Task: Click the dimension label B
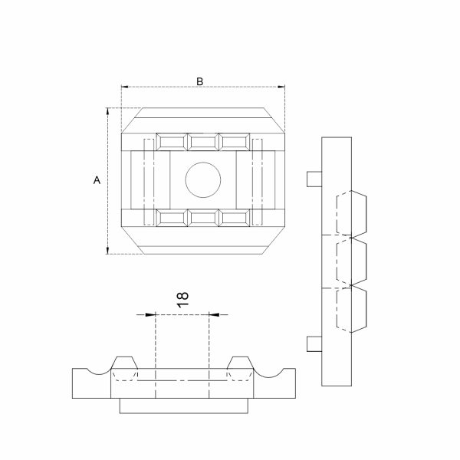tap(199, 81)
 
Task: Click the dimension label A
tap(97, 180)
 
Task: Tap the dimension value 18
tap(182, 300)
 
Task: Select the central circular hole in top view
tap(203, 180)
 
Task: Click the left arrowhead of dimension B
tap(125, 87)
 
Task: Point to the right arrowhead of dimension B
tap(281, 87)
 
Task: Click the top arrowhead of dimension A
tap(107, 112)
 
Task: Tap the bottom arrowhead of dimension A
tap(107, 250)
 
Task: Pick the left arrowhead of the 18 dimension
tap(151, 315)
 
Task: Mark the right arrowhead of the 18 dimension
tap(214, 315)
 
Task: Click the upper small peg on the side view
tap(314, 179)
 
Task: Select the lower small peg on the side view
tap(314, 343)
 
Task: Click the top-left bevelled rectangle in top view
tap(172, 142)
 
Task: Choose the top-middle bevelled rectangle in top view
tap(203, 142)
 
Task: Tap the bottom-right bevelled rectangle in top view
tap(235, 218)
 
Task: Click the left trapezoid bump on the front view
tap(124, 363)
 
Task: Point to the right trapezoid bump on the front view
tap(240, 363)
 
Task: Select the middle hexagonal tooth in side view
tap(351, 261)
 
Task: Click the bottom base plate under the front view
tap(184, 406)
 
